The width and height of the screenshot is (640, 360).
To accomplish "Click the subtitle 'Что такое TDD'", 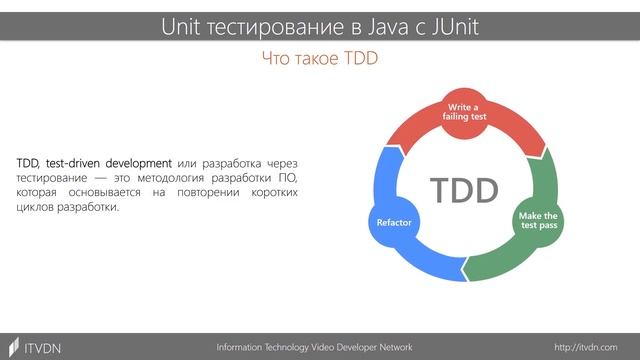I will pyautogui.click(x=319, y=60).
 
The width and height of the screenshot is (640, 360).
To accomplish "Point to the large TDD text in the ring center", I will pyautogui.click(x=465, y=189).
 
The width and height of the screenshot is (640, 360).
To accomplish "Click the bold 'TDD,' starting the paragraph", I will pyautogui.click(x=29, y=163).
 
